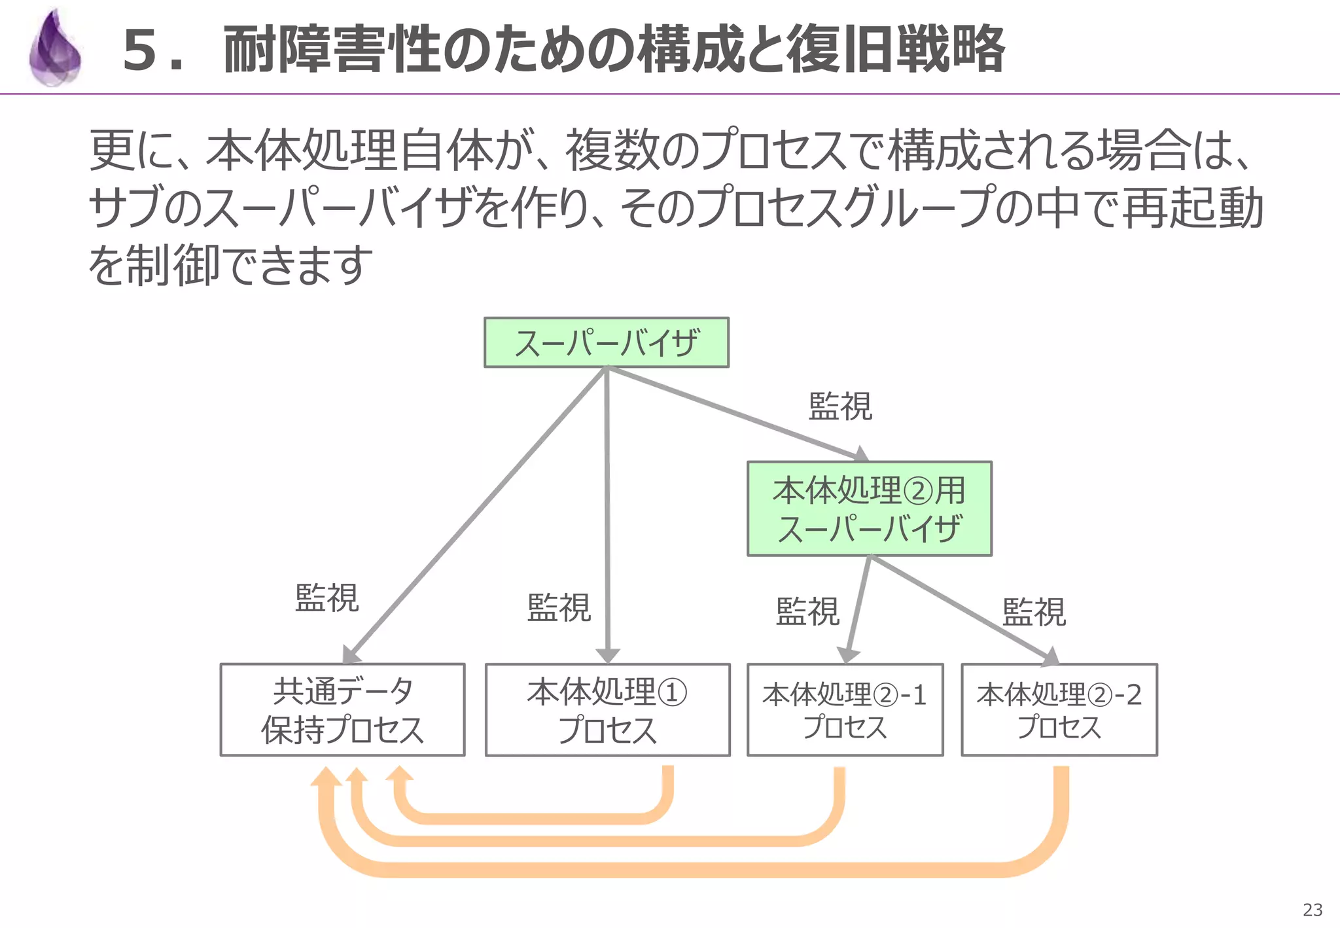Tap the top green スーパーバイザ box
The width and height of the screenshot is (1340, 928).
point(606,343)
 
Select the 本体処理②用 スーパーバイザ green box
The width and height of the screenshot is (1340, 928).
point(869,509)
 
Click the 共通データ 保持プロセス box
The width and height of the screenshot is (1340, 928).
point(342,710)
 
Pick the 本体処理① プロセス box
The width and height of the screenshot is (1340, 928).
point(607,710)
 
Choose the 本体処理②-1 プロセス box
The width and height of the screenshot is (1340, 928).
point(845,710)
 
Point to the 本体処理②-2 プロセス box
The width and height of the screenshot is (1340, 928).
point(1059,710)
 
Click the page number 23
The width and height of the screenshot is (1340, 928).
point(1313,910)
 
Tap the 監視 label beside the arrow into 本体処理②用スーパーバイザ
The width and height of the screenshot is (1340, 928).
point(840,406)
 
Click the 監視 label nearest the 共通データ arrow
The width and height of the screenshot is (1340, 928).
point(326,598)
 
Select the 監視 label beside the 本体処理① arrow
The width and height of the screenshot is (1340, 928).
point(559,608)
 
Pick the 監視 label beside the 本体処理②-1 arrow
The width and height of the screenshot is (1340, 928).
point(807,612)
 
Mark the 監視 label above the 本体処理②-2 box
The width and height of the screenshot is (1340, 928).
point(1034,613)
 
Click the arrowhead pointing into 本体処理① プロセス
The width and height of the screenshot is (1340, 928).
point(608,656)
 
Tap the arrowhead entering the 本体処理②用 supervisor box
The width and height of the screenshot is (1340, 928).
point(861,454)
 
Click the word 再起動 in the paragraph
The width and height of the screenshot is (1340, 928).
point(1192,208)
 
